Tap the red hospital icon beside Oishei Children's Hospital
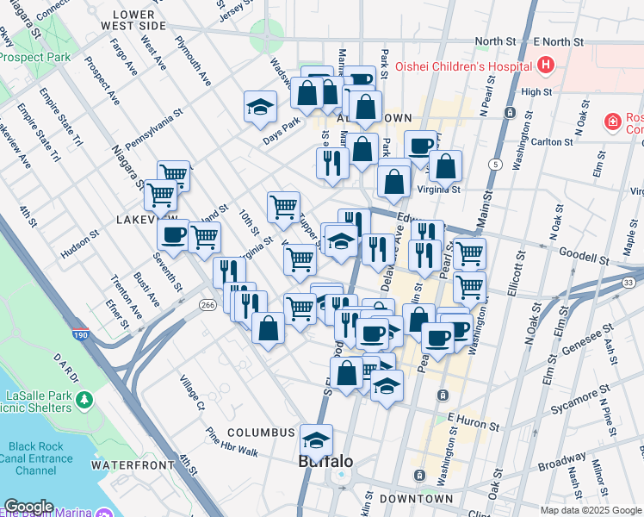tap(544, 65)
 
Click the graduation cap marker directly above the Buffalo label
tap(316, 440)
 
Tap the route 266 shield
tap(207, 304)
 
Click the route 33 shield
tap(629, 282)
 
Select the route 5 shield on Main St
tap(495, 164)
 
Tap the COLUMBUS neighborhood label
tap(262, 432)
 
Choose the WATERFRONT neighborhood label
tap(128, 464)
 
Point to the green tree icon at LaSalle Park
tap(84, 400)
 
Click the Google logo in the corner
tap(28, 507)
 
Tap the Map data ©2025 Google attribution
tap(591, 510)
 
